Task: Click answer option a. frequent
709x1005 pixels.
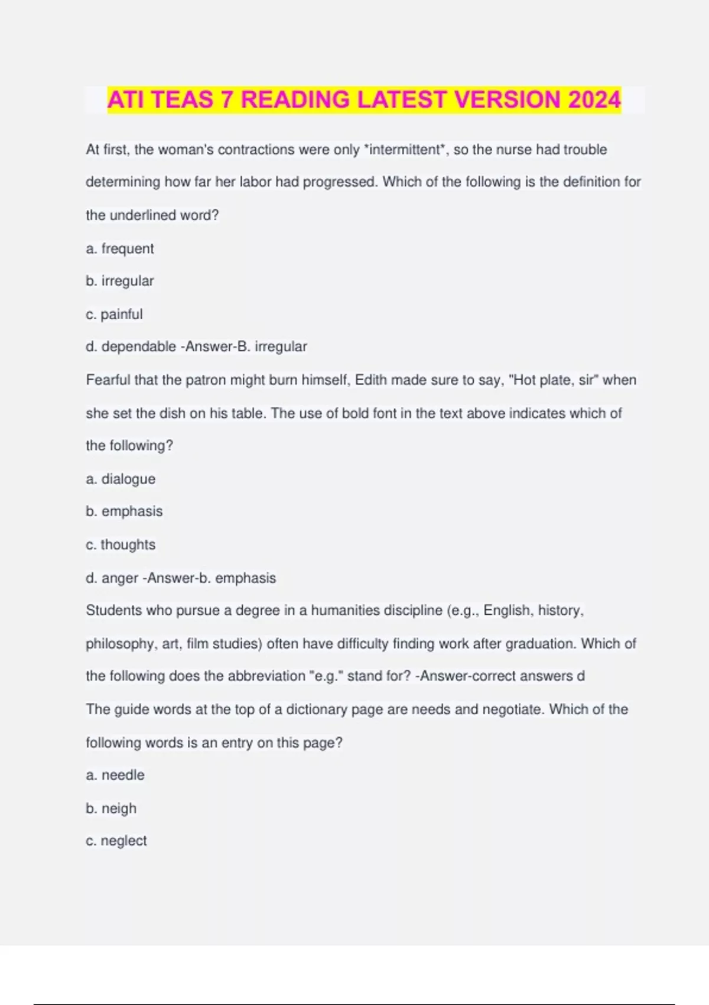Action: click(120, 248)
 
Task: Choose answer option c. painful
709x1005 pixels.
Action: click(115, 314)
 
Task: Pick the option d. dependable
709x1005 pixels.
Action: click(131, 346)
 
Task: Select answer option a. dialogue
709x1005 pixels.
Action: click(121, 479)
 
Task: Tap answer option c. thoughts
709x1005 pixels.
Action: click(121, 544)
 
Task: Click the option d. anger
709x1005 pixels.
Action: click(112, 578)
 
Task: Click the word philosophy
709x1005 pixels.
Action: click(120, 643)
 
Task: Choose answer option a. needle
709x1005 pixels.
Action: click(115, 774)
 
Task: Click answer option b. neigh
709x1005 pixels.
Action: click(111, 808)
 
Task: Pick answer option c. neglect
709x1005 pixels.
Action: click(116, 841)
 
